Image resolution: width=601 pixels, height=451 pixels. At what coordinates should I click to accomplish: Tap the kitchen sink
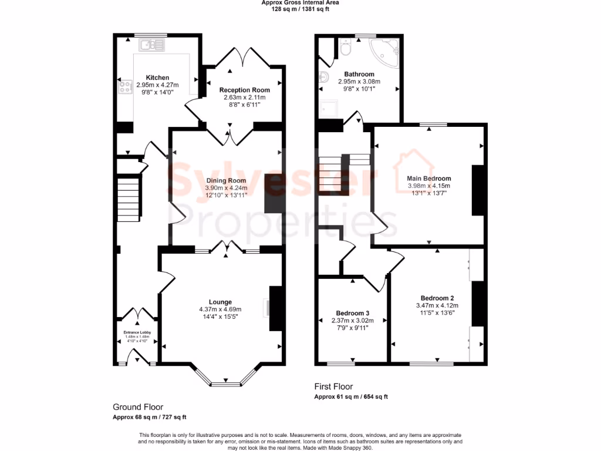tap(154, 43)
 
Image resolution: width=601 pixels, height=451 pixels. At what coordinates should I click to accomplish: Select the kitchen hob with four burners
tap(125, 87)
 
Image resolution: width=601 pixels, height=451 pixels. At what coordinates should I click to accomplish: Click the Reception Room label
tap(244, 90)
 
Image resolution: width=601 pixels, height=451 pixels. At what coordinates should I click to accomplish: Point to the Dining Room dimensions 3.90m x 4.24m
tap(225, 188)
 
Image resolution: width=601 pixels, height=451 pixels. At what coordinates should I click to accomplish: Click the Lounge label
tap(220, 302)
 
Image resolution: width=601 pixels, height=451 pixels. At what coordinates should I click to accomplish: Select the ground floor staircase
tap(129, 194)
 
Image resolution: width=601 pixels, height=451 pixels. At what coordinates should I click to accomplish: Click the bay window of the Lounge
tap(225, 383)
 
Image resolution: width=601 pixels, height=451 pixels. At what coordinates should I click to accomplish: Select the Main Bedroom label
tap(428, 179)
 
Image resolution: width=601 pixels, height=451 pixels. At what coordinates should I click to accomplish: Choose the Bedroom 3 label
tap(353, 313)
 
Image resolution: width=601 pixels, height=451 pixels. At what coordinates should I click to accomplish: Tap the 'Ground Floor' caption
tap(138, 407)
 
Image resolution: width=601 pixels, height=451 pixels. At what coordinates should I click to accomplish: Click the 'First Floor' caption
tap(333, 387)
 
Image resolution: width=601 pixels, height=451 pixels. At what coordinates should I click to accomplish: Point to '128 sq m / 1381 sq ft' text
tap(300, 9)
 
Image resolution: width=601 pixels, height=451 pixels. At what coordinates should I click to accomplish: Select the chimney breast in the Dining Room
tap(274, 193)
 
